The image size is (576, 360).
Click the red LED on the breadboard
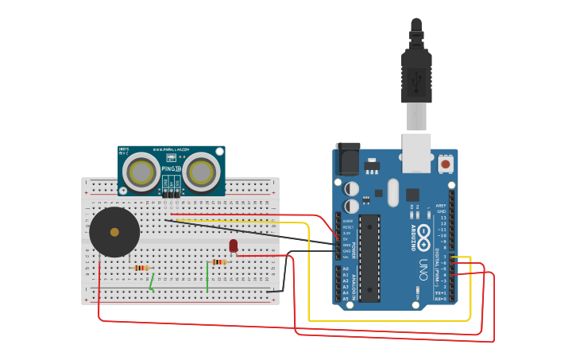[233, 246]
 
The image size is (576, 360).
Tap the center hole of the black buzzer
[114, 232]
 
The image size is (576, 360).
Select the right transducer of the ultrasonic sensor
[201, 171]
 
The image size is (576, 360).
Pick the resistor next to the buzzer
[141, 268]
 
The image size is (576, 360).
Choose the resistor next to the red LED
[218, 261]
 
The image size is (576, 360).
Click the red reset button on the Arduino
[445, 164]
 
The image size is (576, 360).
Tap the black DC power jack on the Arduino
[347, 159]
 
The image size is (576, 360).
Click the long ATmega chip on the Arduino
[369, 258]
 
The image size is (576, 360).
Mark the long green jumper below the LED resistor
[207, 277]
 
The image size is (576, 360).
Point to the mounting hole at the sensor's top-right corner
[219, 150]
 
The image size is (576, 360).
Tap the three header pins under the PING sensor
[171, 193]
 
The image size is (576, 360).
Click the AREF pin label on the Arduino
[441, 204]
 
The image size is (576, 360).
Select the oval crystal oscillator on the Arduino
[379, 193]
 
